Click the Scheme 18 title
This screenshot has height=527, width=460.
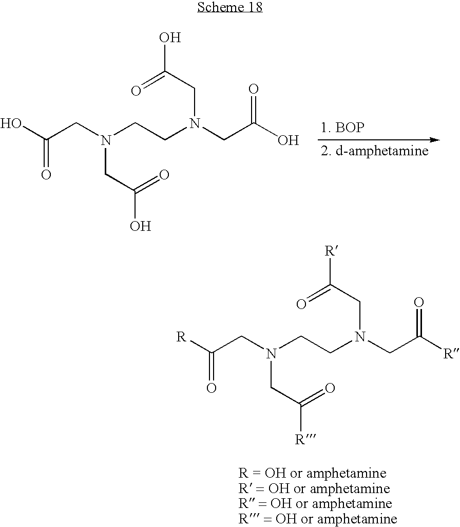click(230, 7)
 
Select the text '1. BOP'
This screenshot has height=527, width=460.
click(342, 128)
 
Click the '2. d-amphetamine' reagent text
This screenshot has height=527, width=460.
click(374, 151)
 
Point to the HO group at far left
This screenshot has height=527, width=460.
click(11, 124)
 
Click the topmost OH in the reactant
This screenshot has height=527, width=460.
click(170, 38)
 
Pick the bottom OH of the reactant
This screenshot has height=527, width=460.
click(141, 226)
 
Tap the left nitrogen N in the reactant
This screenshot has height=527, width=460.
click(106, 140)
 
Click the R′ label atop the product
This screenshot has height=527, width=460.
click(331, 251)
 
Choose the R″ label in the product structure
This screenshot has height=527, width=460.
click(451, 354)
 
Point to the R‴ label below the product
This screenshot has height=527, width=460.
click(305, 439)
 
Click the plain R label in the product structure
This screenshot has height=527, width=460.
click(181, 336)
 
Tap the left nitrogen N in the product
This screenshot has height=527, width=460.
click(271, 354)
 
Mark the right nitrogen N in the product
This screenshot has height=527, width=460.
click(360, 336)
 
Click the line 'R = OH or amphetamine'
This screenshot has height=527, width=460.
click(312, 473)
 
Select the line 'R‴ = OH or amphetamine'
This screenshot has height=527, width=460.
click(318, 519)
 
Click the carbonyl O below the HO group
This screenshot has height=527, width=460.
click(46, 174)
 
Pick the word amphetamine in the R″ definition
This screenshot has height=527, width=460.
click(352, 503)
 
